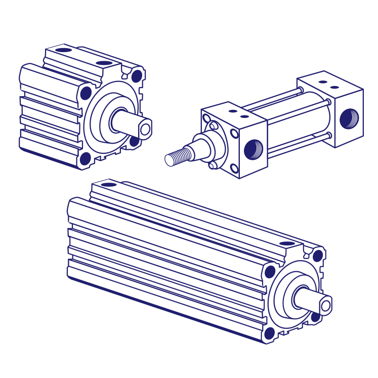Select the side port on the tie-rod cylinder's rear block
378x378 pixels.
[348, 119]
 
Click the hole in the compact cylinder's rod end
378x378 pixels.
[145, 129]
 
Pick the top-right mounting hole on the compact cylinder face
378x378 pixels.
[137, 76]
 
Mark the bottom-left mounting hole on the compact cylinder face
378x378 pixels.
[86, 158]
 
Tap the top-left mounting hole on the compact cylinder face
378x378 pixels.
[86, 93]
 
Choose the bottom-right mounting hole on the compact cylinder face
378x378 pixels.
[134, 141]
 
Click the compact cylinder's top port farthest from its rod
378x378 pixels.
[63, 50]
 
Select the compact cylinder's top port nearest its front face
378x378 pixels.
[104, 63]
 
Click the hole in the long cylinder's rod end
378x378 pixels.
[325, 305]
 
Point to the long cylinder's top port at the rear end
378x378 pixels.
[107, 184]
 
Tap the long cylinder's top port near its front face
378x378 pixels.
[287, 244]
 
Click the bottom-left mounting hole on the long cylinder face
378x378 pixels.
[270, 333]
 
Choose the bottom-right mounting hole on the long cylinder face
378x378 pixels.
[315, 317]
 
